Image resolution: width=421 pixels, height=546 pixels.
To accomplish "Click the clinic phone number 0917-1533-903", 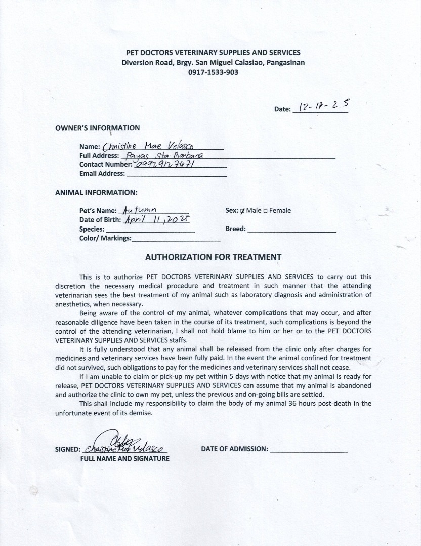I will click(x=213, y=72).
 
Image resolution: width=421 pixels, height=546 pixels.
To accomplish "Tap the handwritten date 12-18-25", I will click(x=324, y=107).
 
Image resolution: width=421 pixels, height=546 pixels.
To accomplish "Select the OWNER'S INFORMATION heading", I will click(x=97, y=128).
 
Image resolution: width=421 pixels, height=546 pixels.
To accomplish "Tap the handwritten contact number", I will click(x=162, y=164).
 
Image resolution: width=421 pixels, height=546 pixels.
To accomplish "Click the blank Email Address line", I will click(x=176, y=174).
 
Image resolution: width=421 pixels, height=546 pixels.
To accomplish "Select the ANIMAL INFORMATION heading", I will click(x=96, y=192).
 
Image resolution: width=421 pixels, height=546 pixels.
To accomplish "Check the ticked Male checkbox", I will click(x=243, y=211).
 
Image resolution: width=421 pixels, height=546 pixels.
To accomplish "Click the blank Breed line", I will click(x=291, y=229).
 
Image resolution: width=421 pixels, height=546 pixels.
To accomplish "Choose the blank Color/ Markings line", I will click(x=176, y=238).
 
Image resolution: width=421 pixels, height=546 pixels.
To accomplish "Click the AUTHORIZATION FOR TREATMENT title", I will click(x=213, y=257).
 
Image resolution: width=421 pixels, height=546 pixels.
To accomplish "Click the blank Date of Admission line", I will click(x=309, y=449).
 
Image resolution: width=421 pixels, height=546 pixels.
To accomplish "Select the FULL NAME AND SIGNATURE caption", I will click(x=125, y=459).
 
